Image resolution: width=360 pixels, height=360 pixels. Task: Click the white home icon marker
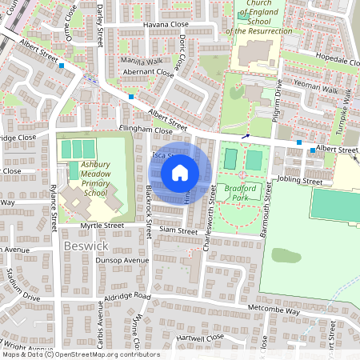(x=180, y=172)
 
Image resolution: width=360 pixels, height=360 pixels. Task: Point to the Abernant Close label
(x=147, y=71)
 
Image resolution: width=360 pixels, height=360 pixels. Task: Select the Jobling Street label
(x=302, y=182)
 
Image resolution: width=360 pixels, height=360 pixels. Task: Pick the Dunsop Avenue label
(x=122, y=260)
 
